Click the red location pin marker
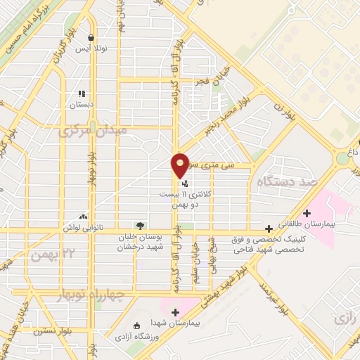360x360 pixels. click(181, 165)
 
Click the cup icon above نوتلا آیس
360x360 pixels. click(91, 38)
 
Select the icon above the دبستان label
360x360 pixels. click(82, 93)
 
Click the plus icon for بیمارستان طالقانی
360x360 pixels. click(306, 213)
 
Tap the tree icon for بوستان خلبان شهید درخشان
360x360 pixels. click(140, 226)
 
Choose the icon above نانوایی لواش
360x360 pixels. click(84, 217)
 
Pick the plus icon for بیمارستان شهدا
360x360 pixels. click(175, 312)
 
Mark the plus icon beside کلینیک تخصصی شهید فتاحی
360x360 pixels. click(269, 228)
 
